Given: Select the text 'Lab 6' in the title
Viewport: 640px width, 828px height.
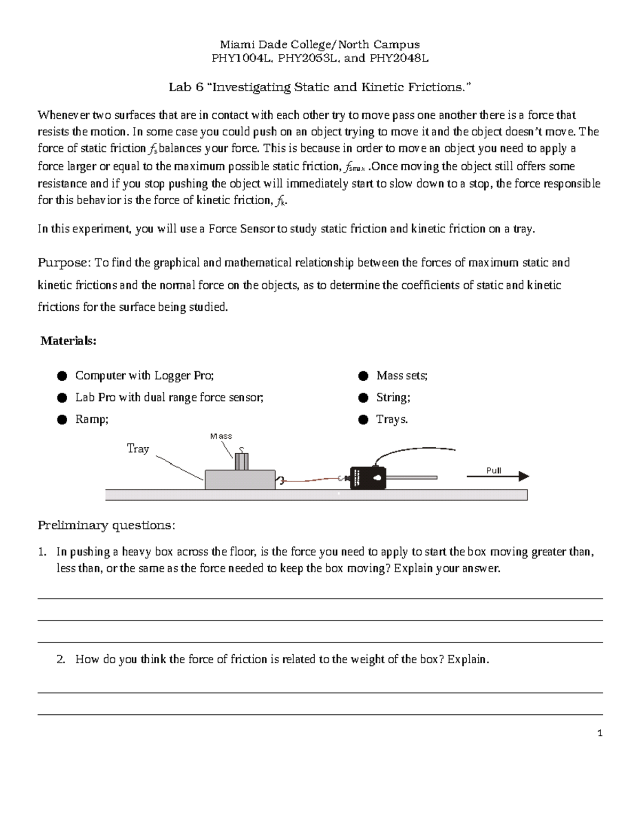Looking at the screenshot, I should click(x=186, y=87).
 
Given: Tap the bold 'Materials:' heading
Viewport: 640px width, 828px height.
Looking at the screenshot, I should click(x=68, y=341).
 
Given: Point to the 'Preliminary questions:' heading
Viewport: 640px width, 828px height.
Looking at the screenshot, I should click(x=106, y=525).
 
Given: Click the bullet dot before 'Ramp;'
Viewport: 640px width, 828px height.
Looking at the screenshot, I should click(x=62, y=420).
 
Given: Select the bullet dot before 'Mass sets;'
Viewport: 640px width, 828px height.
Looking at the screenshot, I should click(x=363, y=376).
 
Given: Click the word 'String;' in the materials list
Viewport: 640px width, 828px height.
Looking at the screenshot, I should click(x=393, y=398).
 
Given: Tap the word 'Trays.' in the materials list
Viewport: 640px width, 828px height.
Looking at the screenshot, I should click(x=392, y=420).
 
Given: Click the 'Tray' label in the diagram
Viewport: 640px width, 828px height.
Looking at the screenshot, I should click(x=138, y=449).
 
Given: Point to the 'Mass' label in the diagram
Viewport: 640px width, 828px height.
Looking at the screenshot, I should click(x=221, y=436).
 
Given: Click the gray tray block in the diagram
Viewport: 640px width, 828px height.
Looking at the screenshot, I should click(x=239, y=479).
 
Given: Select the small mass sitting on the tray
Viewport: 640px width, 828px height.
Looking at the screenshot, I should click(x=242, y=461).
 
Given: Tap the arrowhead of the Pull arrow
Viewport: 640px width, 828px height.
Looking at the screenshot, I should click(x=524, y=477).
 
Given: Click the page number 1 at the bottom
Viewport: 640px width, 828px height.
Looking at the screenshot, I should click(x=600, y=734).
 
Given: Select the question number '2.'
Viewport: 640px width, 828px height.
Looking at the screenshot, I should click(x=61, y=660).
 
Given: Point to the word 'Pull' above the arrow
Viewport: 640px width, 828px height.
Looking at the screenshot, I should click(x=494, y=470).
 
